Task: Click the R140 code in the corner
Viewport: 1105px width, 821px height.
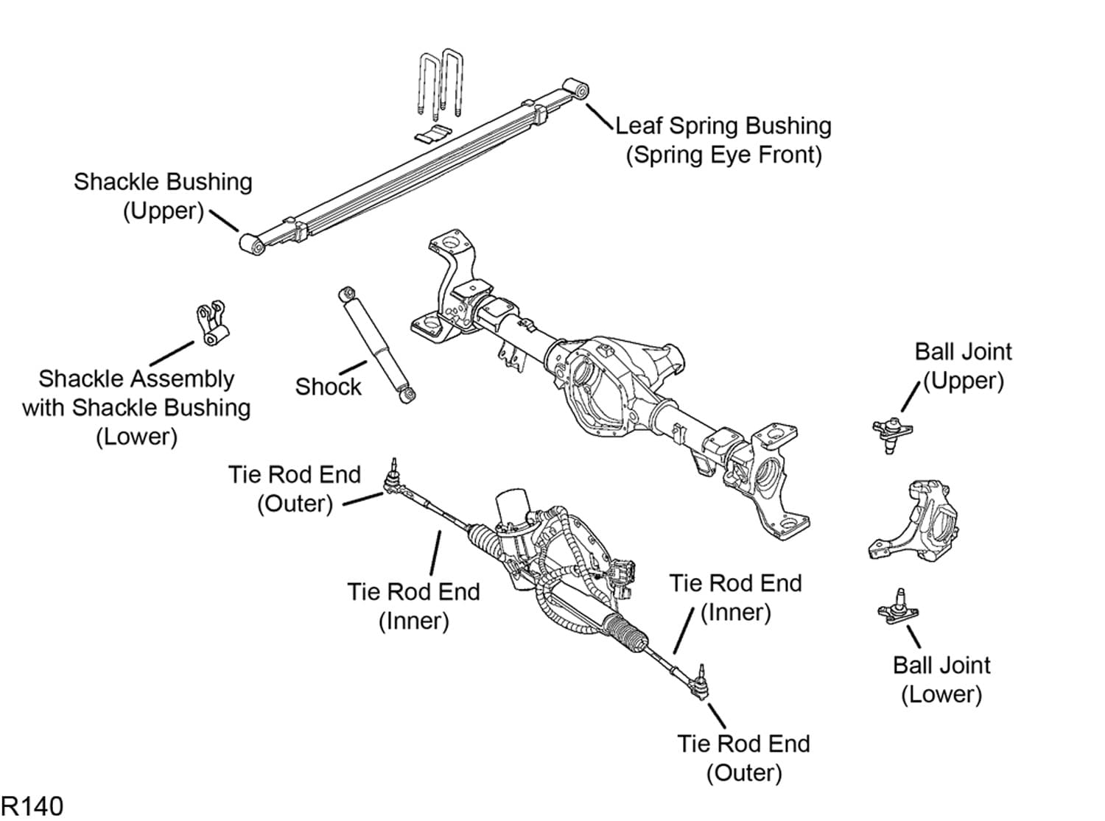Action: (32, 806)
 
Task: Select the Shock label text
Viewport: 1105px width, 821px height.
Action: (328, 387)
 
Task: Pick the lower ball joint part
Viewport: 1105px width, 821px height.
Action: (898, 609)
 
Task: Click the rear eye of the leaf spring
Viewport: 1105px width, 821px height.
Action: (253, 244)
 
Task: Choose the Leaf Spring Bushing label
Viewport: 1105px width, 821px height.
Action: (723, 140)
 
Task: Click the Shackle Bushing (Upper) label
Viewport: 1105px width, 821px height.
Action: (163, 196)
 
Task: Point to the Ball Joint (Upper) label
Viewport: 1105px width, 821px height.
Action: (963, 366)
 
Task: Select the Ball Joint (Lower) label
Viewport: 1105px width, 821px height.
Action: (941, 679)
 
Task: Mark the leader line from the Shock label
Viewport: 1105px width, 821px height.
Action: (353, 367)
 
